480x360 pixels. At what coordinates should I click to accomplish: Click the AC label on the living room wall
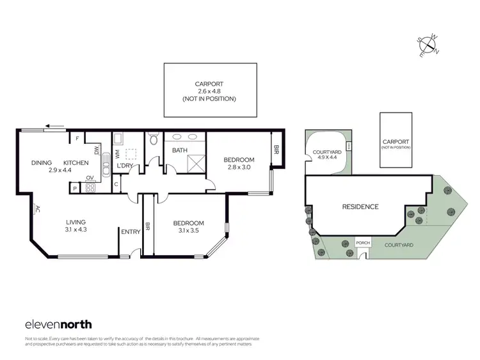click(38, 208)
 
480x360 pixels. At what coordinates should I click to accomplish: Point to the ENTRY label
click(131, 232)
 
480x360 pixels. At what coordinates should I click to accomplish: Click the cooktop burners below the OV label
click(90, 188)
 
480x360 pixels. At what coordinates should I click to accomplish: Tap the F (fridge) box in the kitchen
click(77, 138)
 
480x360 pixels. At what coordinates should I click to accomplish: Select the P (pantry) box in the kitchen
click(75, 189)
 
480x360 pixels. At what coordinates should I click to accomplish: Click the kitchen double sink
click(97, 152)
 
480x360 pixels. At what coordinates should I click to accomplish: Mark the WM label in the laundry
click(118, 154)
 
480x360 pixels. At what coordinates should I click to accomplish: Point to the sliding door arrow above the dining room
click(57, 126)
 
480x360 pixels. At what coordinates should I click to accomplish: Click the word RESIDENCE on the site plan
click(360, 207)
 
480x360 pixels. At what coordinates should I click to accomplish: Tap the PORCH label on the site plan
click(362, 243)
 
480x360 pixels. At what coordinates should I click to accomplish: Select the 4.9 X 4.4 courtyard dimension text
click(324, 159)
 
